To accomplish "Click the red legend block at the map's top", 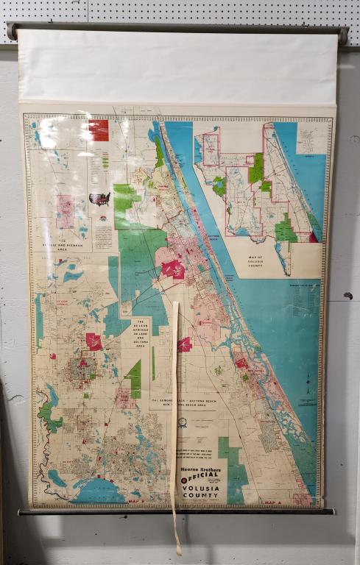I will (98, 129).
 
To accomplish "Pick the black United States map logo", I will (99, 198).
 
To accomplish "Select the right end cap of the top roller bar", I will (343, 35).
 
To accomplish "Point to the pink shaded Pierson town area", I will (66, 210).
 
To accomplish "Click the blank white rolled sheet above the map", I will (177, 66).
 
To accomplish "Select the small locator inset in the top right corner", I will (308, 138).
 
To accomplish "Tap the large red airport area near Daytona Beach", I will (174, 269).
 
